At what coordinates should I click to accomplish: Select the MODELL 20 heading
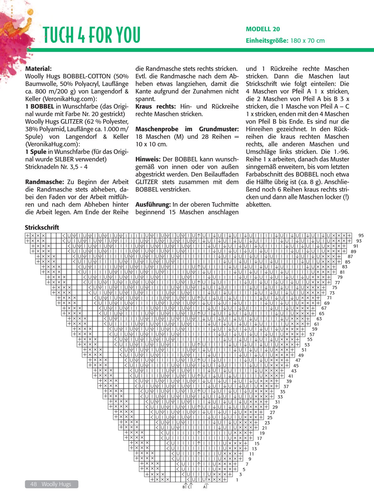(x=263, y=29)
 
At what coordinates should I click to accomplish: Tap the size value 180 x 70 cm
(x=307, y=41)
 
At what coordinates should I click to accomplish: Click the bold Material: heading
(x=38, y=69)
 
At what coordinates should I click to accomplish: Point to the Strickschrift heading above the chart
(x=42, y=227)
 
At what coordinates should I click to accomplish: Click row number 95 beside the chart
(x=361, y=235)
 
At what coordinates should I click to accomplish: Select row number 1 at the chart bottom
(x=237, y=480)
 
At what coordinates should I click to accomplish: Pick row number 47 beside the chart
(x=298, y=360)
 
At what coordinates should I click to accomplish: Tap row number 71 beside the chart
(x=329, y=298)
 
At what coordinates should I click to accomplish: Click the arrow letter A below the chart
(x=204, y=487)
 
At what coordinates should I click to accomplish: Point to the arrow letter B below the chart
(x=184, y=487)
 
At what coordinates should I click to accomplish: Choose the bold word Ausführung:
(x=153, y=204)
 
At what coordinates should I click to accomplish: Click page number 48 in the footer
(x=34, y=484)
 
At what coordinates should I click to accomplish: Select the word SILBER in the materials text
(x=64, y=159)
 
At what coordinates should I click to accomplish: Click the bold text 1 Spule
(x=36, y=152)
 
